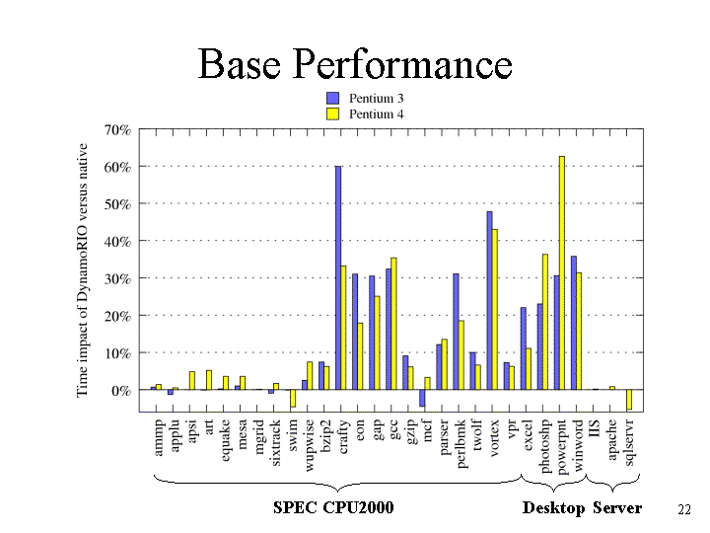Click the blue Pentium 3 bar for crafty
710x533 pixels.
click(338, 277)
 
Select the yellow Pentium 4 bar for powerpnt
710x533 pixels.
click(562, 272)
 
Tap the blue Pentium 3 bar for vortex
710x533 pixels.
click(489, 300)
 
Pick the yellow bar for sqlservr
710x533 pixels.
click(629, 400)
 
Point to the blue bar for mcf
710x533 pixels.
click(422, 398)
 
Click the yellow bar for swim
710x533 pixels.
click(293, 399)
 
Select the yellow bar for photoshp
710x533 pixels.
click(545, 322)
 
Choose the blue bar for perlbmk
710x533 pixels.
click(456, 332)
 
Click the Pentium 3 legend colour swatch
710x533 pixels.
click(333, 98)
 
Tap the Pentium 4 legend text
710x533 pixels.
click(376, 114)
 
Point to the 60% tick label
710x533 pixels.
click(117, 167)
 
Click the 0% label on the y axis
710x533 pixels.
click(121, 390)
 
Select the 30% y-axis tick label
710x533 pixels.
click(117, 278)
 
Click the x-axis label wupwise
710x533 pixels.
click(310, 445)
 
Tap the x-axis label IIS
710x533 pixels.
click(595, 428)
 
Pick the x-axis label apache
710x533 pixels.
click(612, 439)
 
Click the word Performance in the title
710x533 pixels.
click(402, 64)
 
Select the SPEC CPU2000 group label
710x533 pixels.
click(333, 507)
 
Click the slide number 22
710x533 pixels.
click(684, 510)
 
